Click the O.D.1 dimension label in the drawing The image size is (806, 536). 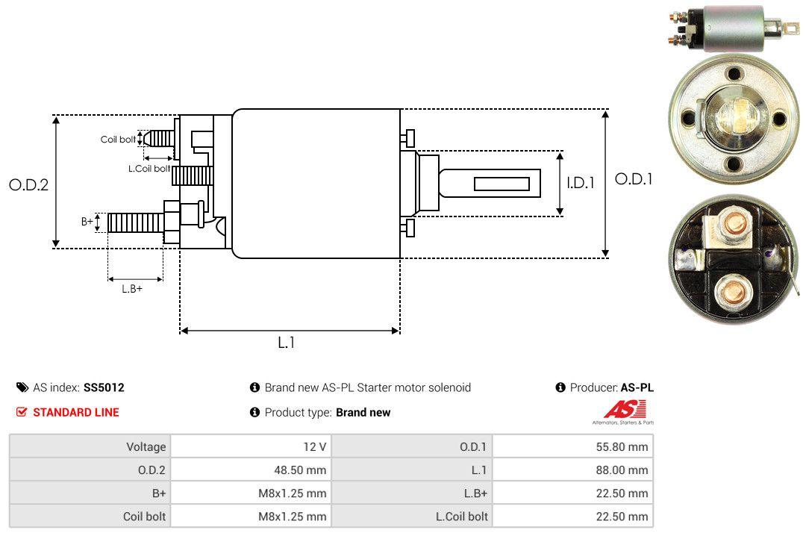point(633,179)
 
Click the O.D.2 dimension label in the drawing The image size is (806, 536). point(28,184)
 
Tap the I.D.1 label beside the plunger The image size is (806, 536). point(580,182)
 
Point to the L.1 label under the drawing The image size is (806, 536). point(287,343)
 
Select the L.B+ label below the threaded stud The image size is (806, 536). point(132,288)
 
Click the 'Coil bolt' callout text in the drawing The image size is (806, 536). point(118,140)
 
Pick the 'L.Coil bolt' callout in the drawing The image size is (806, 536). point(149,169)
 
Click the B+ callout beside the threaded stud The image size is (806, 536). point(87,222)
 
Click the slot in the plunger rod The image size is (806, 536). point(502,184)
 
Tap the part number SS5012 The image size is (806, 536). point(104,387)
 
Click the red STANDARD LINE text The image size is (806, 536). point(75,412)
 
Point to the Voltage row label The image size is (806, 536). point(146,447)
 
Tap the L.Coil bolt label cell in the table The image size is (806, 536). point(461,516)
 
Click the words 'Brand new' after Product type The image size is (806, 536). point(363,412)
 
